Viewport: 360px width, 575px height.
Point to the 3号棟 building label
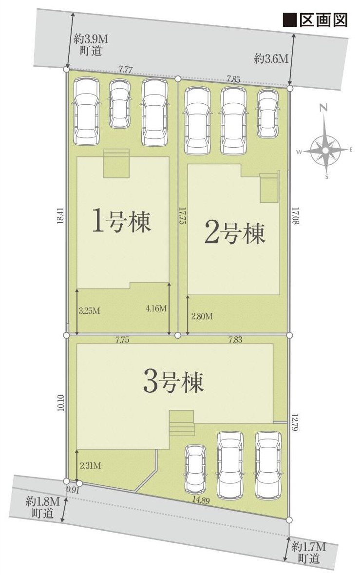[173, 383]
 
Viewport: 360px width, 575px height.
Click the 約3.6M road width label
[271, 59]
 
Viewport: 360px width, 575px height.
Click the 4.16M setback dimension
[156, 308]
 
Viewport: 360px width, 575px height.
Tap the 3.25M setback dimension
[90, 311]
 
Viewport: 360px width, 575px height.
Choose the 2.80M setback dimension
[202, 316]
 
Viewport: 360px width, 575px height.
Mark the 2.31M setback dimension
[90, 465]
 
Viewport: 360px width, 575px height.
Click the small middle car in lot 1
[119, 104]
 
